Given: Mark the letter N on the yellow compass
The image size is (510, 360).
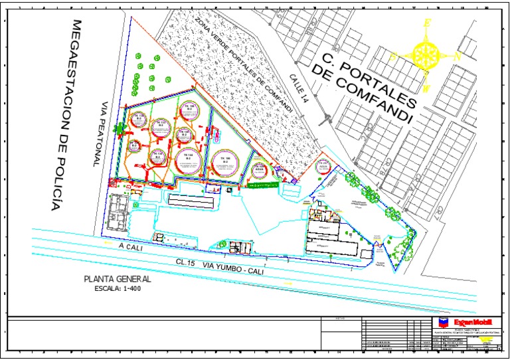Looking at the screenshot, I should click(x=458, y=56).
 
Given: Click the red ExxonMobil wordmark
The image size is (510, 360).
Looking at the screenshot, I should click(x=473, y=323).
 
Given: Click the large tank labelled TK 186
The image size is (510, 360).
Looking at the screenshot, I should click(x=226, y=161).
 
